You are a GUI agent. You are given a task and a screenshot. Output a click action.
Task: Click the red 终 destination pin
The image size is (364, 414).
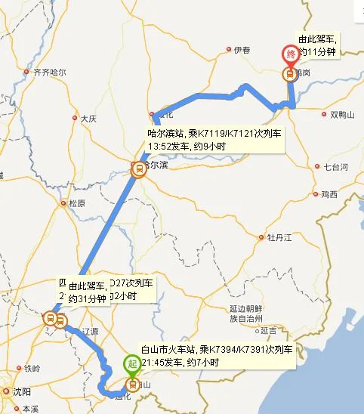(x=290, y=55)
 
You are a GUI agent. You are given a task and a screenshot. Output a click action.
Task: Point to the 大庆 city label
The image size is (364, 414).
(x=88, y=119)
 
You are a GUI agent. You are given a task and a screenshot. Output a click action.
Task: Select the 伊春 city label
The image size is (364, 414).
(x=242, y=50)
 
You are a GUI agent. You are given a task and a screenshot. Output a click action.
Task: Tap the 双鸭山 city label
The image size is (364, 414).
(x=344, y=115)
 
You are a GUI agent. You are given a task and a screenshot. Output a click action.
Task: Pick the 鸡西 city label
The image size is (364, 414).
(x=329, y=195)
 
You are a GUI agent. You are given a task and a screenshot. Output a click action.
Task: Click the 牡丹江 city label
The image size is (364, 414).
(x=278, y=237)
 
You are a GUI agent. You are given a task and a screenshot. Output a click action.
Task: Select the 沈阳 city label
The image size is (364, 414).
(x=22, y=391)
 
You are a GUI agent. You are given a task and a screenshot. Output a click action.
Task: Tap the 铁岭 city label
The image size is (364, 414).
(x=31, y=369)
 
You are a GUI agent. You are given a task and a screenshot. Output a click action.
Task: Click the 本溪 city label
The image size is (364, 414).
(x=30, y=409)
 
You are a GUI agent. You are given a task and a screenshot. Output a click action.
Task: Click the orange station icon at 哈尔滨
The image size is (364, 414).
(x=138, y=170)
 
